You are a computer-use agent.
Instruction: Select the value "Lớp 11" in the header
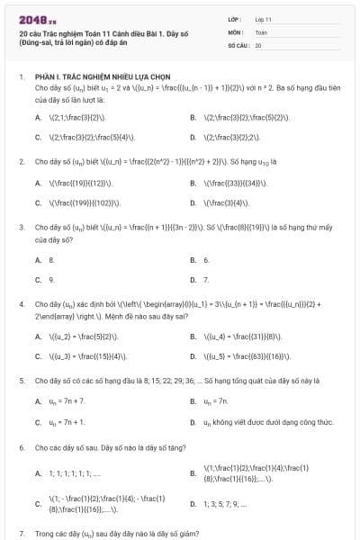263,18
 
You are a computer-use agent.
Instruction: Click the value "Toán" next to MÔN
261,31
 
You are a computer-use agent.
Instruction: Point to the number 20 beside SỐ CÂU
258,44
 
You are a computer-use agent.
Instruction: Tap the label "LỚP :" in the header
237,18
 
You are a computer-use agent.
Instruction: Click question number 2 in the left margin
21,161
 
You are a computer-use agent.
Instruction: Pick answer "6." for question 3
206,259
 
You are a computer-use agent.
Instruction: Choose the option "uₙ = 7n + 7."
68,401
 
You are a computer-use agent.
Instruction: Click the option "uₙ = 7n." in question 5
217,401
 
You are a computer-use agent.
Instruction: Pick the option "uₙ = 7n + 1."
68,422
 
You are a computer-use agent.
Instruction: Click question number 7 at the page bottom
21,532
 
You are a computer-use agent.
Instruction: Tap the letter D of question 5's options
193,422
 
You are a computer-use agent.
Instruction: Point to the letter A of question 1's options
38,117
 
